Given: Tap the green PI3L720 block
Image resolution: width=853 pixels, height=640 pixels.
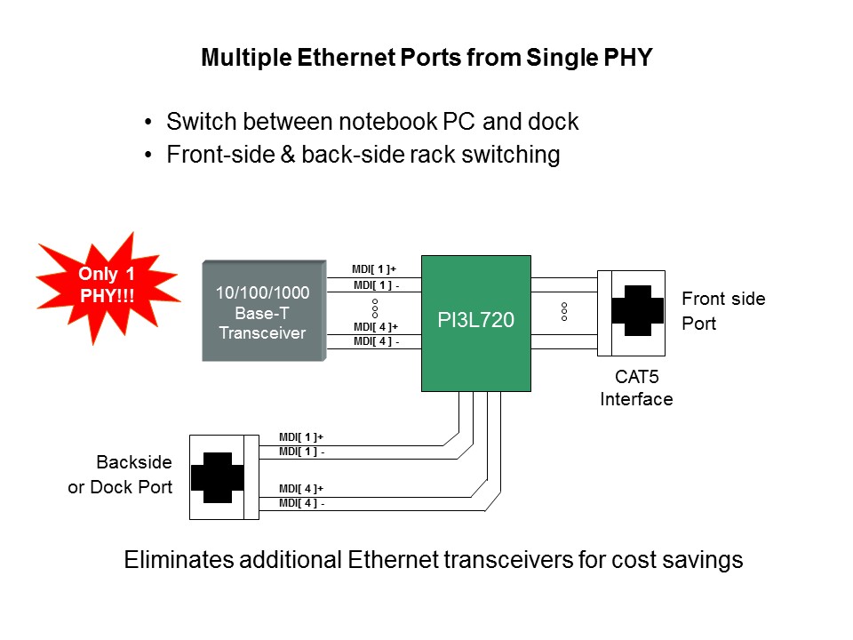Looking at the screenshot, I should point(475,322).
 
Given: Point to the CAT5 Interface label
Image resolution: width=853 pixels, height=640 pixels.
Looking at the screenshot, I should point(636,388).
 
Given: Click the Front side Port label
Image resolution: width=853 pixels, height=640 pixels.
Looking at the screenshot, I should point(722,311).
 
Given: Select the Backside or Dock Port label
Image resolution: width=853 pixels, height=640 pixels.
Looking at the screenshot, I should point(120,475).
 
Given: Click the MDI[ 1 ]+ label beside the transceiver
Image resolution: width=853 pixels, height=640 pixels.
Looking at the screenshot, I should point(374,268).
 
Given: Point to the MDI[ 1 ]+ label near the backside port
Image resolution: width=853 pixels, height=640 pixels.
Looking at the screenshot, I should point(301,437).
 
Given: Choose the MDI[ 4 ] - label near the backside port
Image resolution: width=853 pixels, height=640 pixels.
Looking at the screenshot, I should point(301,504).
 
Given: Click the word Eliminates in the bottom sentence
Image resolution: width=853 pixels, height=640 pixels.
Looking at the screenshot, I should point(174,560).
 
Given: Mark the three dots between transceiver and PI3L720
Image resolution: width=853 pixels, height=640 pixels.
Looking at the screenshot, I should point(375,308).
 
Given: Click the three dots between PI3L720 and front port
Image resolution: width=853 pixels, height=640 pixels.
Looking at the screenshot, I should point(564,311).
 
